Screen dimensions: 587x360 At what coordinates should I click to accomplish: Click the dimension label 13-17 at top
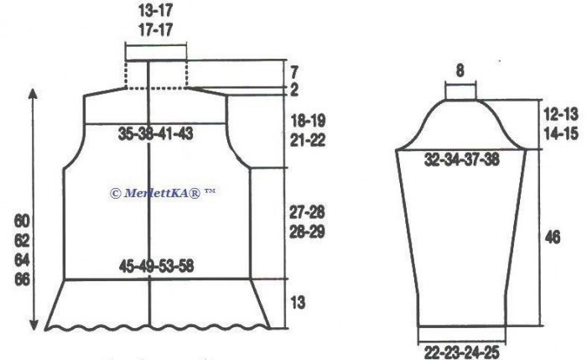(156, 10)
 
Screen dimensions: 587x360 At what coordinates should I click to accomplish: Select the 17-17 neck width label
(156, 29)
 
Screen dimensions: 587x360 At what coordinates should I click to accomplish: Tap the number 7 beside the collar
(294, 72)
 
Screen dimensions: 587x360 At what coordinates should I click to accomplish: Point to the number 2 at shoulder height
(294, 90)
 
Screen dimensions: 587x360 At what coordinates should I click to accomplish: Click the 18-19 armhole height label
(308, 121)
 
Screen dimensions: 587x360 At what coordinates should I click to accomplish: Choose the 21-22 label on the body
(308, 140)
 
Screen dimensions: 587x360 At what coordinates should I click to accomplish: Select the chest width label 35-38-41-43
(156, 133)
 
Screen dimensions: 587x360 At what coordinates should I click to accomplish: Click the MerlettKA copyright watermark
(163, 193)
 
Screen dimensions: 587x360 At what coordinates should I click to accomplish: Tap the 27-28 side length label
(308, 212)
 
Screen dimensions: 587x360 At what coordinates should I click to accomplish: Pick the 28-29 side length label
(308, 232)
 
